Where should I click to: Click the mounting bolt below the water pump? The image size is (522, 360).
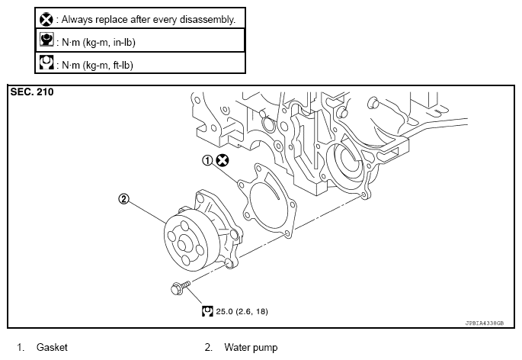click(x=180, y=288)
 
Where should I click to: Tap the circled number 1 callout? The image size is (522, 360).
click(x=207, y=161)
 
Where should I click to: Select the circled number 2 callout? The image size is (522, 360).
click(x=123, y=199)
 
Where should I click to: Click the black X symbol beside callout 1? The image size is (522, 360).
click(x=223, y=160)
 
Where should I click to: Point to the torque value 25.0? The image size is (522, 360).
click(x=224, y=311)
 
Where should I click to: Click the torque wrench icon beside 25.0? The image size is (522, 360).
click(x=207, y=311)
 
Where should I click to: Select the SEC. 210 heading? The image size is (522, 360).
click(x=32, y=92)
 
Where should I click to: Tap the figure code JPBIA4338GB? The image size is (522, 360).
click(x=485, y=323)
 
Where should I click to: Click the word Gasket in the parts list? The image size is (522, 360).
click(x=52, y=347)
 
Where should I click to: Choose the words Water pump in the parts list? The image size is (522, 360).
click(x=251, y=348)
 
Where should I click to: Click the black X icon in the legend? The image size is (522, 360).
click(x=46, y=20)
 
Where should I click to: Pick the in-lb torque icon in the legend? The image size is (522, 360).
click(x=46, y=40)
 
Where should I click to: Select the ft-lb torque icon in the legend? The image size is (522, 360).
click(x=46, y=63)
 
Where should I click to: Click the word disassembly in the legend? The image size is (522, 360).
click(x=207, y=20)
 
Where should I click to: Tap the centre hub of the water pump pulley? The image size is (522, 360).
click(x=182, y=244)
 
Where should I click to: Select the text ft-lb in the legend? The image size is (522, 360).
click(x=122, y=65)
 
